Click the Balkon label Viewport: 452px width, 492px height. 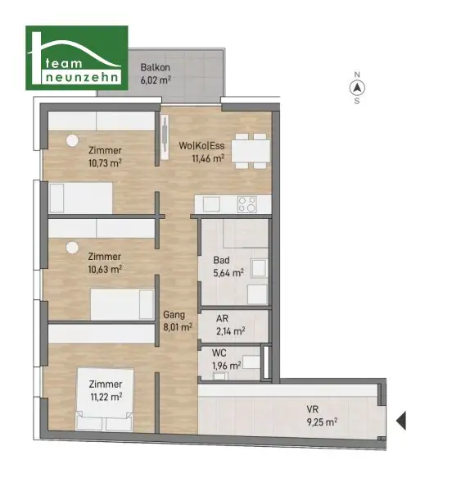pos(155,67)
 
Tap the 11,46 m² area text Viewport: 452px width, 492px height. pos(208,158)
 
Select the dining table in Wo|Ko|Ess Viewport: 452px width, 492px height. pos(251,151)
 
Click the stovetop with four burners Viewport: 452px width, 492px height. pos(246,204)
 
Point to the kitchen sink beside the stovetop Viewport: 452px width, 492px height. pos(211,204)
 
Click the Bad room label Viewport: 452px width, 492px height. pos(221,260)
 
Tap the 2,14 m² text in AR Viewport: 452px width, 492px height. pos(231,331)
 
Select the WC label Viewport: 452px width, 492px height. pos(219,353)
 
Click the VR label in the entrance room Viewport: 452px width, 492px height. pos(312,409)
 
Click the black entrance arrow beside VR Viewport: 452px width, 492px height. pos(401,421)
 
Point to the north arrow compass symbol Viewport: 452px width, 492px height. pos(357,89)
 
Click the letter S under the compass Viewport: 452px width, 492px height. pos(357,101)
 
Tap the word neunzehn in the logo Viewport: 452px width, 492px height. pos(82,77)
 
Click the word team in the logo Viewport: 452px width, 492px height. pos(64,64)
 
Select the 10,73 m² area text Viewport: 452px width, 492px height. pos(105,163)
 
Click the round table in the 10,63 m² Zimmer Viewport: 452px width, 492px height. pos(72,248)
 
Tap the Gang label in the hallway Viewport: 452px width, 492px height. pos(174,314)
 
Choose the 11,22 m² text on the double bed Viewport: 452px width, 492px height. pos(106,397)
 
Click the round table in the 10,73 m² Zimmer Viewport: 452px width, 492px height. pos(72,140)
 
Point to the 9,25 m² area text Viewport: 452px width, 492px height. pos(322,422)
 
